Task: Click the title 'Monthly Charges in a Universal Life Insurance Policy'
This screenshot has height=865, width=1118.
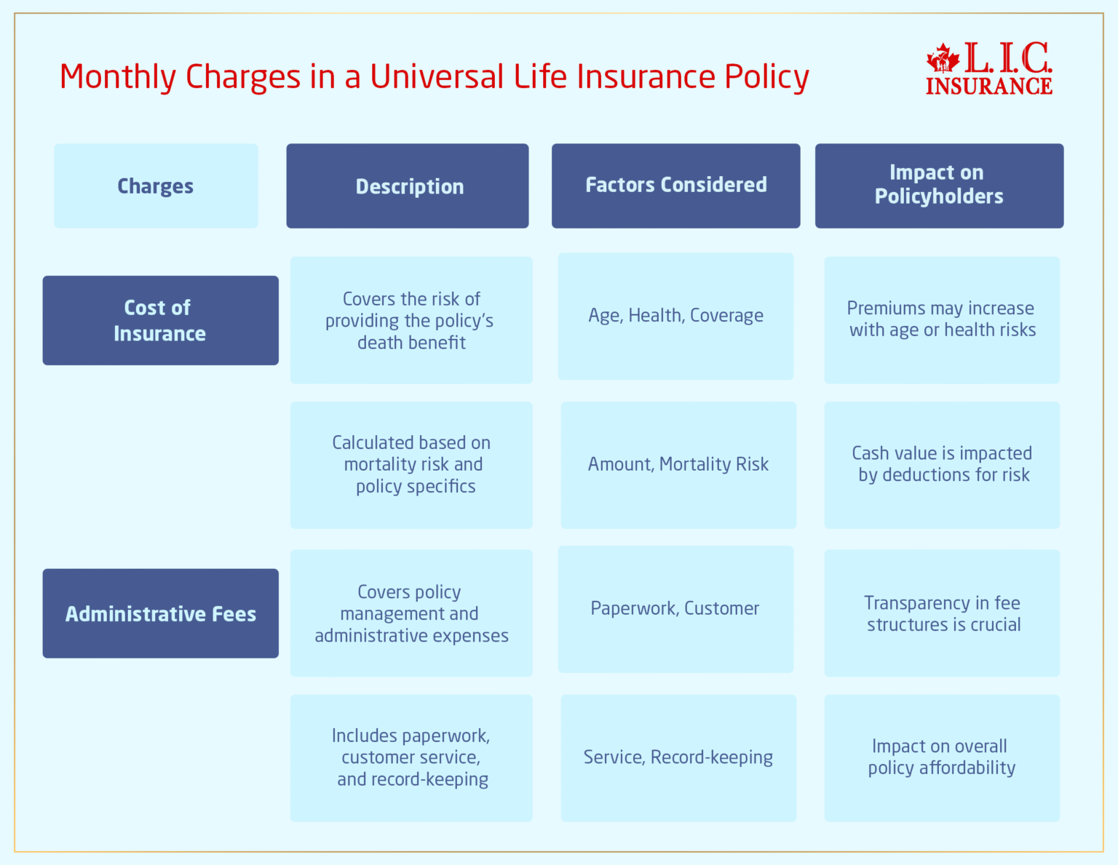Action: coord(434,77)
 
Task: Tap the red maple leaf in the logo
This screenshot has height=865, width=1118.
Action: coord(943,57)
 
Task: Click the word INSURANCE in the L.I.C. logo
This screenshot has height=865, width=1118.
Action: coord(988,87)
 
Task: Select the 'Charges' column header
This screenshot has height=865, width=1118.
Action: coord(156,186)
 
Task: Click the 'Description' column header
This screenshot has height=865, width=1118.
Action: coord(408,186)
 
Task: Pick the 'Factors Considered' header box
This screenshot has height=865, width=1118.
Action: coord(675,186)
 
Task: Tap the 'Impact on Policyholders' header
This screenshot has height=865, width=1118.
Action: coord(939,186)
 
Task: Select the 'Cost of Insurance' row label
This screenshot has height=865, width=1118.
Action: coord(160,320)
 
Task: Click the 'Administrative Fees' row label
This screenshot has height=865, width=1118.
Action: coord(160,613)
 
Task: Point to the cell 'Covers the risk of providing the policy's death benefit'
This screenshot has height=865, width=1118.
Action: coord(411,320)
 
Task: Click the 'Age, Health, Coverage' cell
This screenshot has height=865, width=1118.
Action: coord(675,316)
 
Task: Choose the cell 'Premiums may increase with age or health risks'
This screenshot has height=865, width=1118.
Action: coord(942,319)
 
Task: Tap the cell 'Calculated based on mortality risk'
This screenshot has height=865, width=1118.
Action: coord(411,465)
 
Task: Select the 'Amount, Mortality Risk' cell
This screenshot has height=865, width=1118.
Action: coord(678,465)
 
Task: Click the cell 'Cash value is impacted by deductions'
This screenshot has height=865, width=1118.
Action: coord(942,465)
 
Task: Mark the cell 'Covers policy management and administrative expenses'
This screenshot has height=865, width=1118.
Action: coord(411,613)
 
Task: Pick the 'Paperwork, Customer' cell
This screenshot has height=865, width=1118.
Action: coord(675,609)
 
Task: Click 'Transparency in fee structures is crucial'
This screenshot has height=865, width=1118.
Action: coord(942,613)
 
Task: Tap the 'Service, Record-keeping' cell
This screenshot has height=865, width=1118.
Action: coord(678,758)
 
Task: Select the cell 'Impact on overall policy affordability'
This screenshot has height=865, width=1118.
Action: coord(942,758)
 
